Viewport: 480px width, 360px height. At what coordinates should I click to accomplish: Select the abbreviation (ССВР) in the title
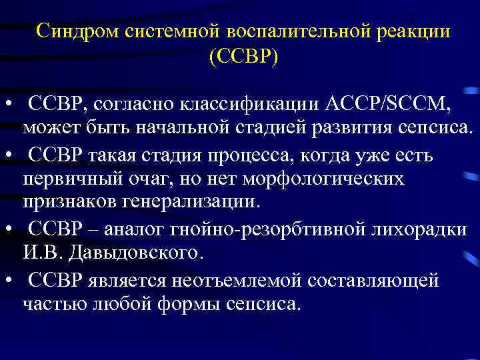tap(243, 58)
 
